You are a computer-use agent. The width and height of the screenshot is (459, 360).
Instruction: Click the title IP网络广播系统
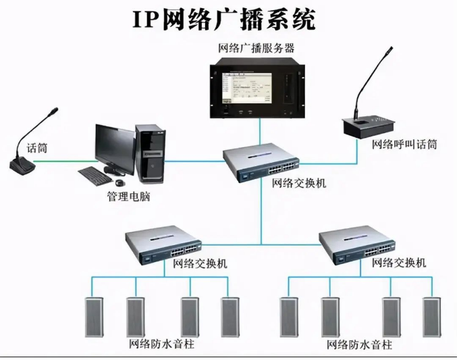(223, 20)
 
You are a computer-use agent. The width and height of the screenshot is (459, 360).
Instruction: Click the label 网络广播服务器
(256, 48)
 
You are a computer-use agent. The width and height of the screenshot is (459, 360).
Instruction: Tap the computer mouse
(119, 182)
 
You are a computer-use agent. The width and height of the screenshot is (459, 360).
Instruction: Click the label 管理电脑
(128, 197)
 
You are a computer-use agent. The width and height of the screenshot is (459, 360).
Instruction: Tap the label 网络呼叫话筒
(404, 144)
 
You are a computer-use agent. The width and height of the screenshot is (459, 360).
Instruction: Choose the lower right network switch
(358, 247)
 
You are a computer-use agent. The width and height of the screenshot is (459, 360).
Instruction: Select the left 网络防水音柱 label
(161, 344)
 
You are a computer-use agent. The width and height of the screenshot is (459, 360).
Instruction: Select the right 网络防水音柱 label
(359, 345)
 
